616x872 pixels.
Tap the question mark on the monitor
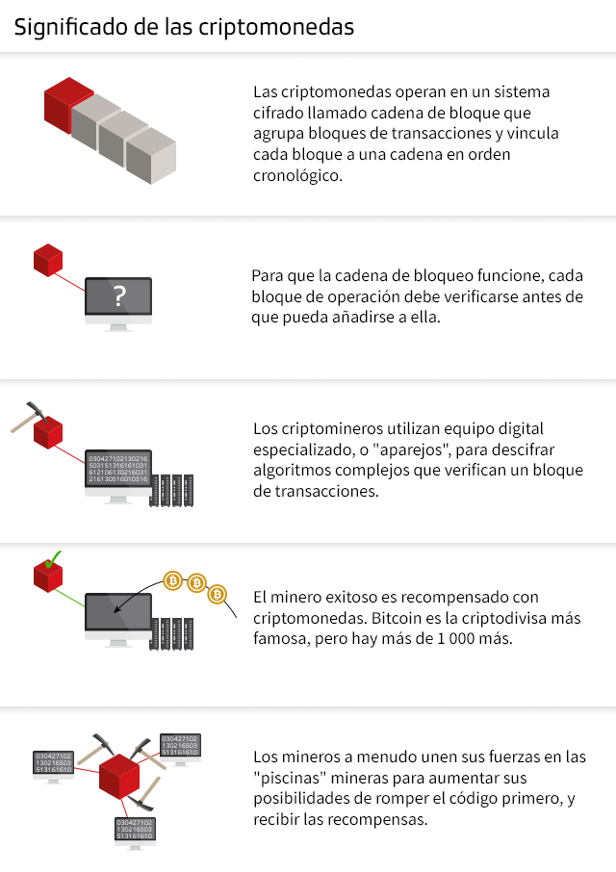pyautogui.click(x=119, y=295)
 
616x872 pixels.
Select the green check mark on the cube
pyautogui.click(x=53, y=559)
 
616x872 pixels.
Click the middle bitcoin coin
pyautogui.click(x=195, y=583)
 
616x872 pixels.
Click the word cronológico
pyautogui.click(x=297, y=176)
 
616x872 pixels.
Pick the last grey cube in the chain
pyautogui.click(x=151, y=156)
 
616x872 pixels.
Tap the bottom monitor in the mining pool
pyautogui.click(x=135, y=833)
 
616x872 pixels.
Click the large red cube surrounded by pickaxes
pyautogui.click(x=119, y=777)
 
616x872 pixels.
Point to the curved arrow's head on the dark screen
pyautogui.click(x=116, y=609)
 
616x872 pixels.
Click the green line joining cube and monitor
pyautogui.click(x=69, y=599)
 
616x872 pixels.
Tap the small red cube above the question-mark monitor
pyautogui.click(x=48, y=260)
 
